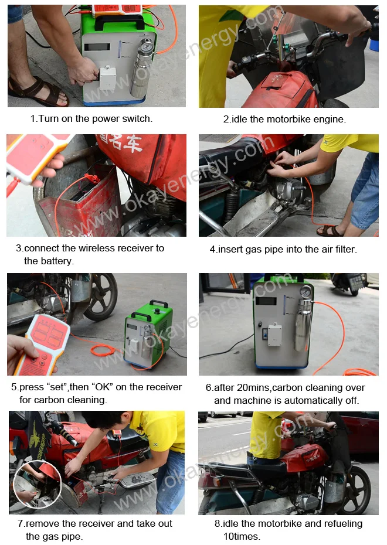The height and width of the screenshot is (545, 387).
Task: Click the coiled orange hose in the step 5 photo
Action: [103, 350]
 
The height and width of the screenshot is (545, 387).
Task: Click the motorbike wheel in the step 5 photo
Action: [101, 297]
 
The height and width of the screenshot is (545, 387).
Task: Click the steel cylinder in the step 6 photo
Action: [303, 325]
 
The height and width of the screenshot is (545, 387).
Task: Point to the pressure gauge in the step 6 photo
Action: [306, 292]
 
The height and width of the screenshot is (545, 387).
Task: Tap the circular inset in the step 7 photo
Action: [37, 485]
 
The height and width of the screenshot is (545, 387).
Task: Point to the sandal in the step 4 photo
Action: [330, 231]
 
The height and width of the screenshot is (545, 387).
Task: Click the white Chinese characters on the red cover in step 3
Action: [121, 142]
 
